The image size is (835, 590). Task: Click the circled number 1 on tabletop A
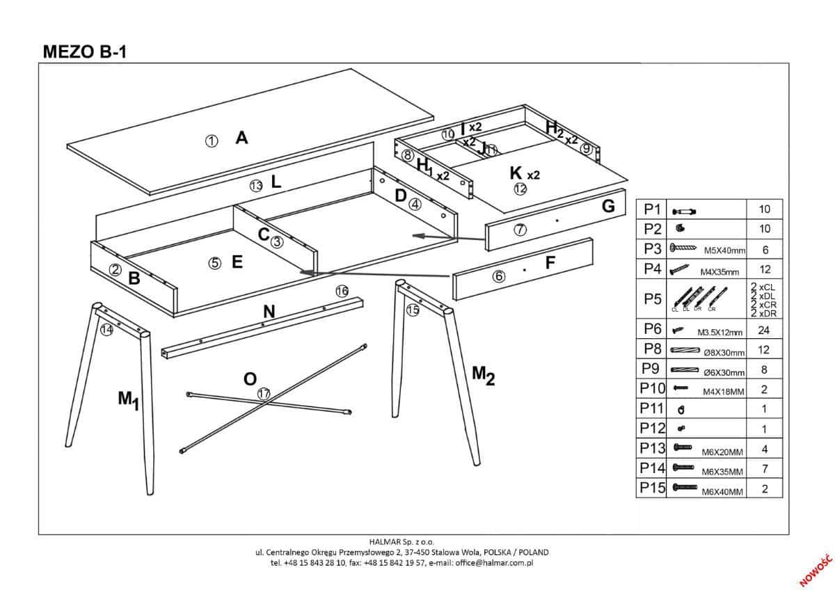212,141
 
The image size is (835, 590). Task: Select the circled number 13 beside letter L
256,185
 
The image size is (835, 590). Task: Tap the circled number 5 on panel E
215,263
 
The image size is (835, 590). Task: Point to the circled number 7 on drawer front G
520,230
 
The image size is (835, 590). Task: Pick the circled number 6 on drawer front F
498,276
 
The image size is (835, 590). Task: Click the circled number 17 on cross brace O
264,394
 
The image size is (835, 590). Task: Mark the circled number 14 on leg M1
106,330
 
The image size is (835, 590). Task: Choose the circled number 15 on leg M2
413,310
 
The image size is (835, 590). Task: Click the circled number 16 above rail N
342,291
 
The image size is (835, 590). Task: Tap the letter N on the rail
269,312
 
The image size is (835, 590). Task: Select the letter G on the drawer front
608,206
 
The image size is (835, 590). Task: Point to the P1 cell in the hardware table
652,209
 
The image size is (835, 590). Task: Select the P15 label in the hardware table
652,488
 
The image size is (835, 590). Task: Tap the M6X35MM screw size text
724,472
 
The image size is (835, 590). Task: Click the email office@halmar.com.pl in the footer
496,562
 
